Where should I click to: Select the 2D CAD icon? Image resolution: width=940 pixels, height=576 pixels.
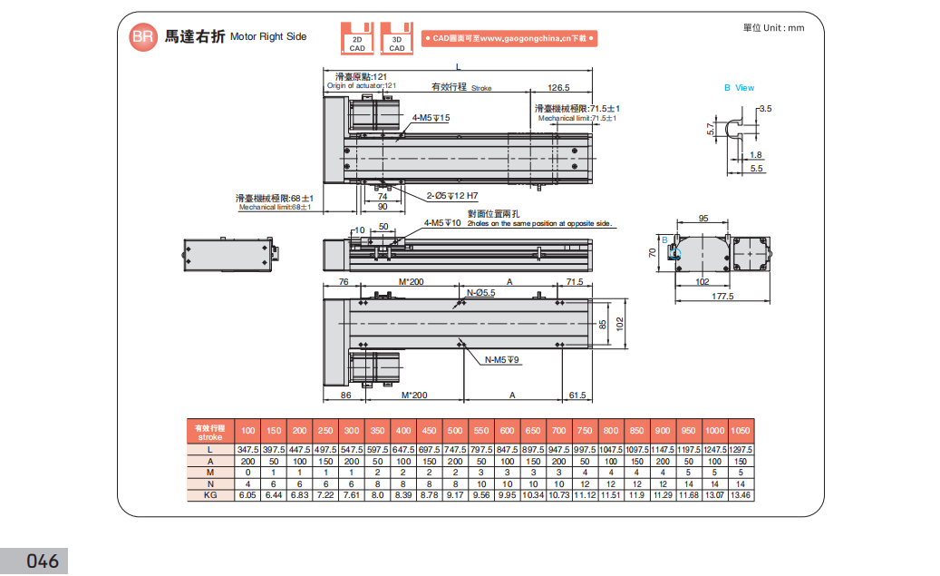pyautogui.click(x=358, y=38)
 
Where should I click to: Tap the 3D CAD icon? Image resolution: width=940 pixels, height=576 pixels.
pyautogui.click(x=397, y=38)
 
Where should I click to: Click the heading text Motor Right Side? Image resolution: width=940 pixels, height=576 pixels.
pyautogui.click(x=268, y=37)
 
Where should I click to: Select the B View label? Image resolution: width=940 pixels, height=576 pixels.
pyautogui.click(x=739, y=88)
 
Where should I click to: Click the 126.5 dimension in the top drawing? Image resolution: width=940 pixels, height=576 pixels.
pyautogui.click(x=558, y=88)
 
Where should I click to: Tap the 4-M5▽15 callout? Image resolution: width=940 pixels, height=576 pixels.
pyautogui.click(x=431, y=118)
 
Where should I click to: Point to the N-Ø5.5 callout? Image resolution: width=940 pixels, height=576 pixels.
pyautogui.click(x=480, y=292)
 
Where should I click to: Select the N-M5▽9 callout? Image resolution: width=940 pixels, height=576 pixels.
pyautogui.click(x=500, y=360)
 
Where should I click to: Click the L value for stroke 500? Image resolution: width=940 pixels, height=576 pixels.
pyautogui.click(x=455, y=450)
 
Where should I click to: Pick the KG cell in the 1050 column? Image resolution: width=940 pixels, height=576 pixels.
pyautogui.click(x=740, y=494)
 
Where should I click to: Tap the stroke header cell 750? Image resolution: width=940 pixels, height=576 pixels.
pyautogui.click(x=585, y=430)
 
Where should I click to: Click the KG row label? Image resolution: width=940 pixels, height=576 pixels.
pyautogui.click(x=209, y=494)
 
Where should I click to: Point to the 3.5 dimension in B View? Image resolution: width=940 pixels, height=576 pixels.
pyautogui.click(x=765, y=108)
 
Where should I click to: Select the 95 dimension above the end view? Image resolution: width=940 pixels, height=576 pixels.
pyautogui.click(x=703, y=219)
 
